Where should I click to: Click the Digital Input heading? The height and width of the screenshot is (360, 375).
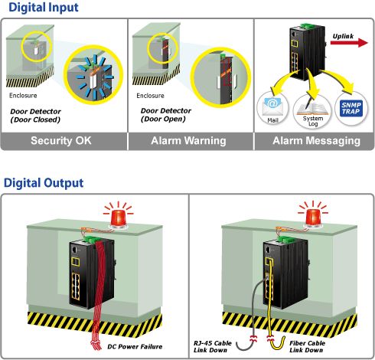click(44, 8)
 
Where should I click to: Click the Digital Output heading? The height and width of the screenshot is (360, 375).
click(44, 183)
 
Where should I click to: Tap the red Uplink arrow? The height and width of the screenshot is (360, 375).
click(349, 43)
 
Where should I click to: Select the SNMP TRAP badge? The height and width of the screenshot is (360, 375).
click(351, 108)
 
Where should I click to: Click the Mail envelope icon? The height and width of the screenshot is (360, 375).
click(272, 106)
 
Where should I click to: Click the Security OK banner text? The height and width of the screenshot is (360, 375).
click(61, 141)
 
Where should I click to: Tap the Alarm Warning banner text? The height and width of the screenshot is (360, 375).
click(188, 141)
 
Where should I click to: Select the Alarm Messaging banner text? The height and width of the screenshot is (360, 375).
click(317, 141)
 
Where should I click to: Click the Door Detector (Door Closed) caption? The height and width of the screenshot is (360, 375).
click(35, 116)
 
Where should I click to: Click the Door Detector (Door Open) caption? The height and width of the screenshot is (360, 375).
click(166, 115)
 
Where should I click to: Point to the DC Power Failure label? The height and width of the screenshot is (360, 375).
click(135, 347)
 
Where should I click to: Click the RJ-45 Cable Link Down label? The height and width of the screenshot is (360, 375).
click(212, 347)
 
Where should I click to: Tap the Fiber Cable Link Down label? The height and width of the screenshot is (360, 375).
click(307, 347)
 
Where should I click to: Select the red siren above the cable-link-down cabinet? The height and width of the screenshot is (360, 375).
click(313, 218)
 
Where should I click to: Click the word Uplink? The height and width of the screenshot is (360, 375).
click(343, 36)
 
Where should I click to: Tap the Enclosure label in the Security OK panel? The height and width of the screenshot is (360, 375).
click(23, 96)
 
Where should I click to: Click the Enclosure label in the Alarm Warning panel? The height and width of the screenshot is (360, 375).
click(150, 96)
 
